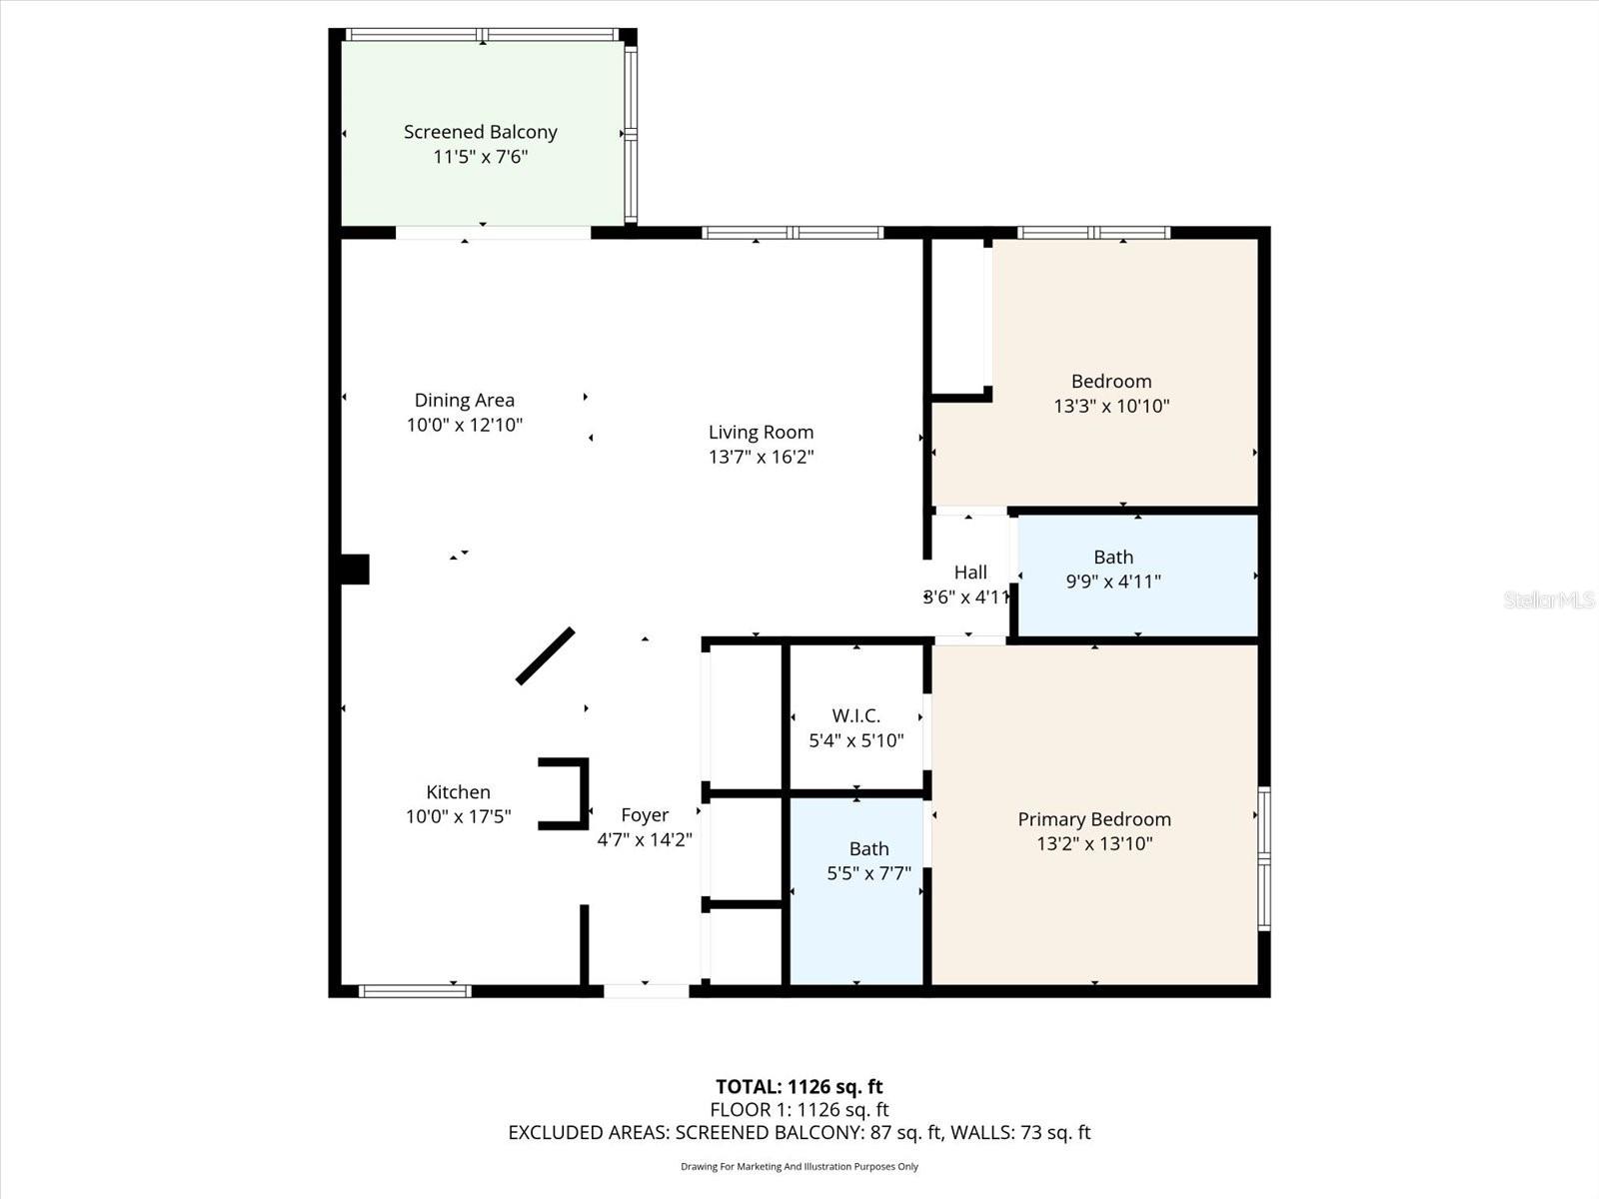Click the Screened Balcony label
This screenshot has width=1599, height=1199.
[480, 132]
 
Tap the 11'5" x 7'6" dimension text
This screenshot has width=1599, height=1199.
[480, 157]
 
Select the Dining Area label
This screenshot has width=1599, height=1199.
[464, 400]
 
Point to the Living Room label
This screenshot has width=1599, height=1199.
[761, 432]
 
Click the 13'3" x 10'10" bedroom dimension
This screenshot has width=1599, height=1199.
[1111, 406]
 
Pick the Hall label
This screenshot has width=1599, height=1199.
[969, 573]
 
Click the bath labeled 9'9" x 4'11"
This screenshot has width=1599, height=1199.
[1112, 570]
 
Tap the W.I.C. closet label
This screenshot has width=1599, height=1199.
[855, 716]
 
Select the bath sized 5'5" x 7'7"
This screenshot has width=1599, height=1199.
[868, 861]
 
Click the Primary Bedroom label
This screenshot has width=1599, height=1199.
[1094, 819]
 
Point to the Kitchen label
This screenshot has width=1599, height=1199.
[458, 792]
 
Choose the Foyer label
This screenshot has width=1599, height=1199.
[645, 815]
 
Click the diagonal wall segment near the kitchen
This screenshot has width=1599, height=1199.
[545, 656]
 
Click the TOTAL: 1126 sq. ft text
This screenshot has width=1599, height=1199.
[799, 1086]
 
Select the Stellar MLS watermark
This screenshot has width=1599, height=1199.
[1548, 599]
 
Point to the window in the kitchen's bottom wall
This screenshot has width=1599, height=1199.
[414, 991]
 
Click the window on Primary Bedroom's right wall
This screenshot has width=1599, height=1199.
[1264, 859]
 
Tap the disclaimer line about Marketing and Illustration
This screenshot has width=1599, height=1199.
[799, 1166]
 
